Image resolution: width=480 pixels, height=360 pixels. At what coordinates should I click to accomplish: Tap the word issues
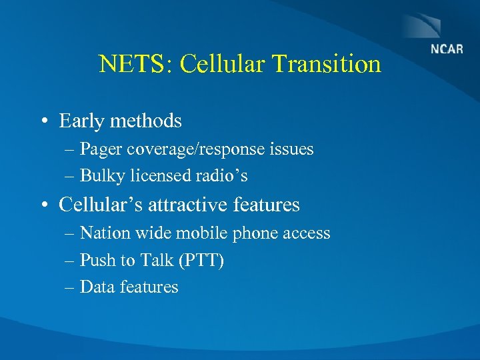291,149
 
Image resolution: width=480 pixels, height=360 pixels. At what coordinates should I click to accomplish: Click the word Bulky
100,176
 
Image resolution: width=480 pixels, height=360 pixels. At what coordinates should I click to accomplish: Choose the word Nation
103,233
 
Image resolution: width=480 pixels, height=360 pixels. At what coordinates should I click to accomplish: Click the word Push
97,260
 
